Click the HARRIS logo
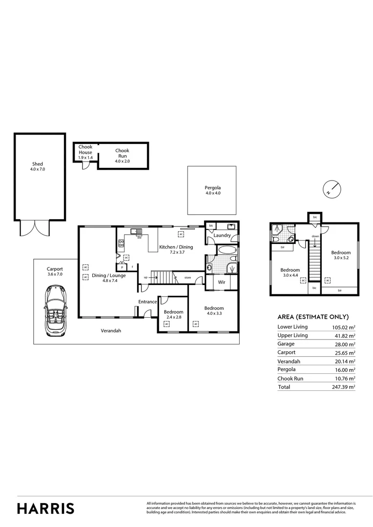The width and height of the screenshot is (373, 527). pyautogui.click(x=46, y=508)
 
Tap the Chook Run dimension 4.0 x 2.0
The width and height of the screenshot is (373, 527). pyautogui.click(x=122, y=161)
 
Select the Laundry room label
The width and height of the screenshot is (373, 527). pyautogui.click(x=223, y=235)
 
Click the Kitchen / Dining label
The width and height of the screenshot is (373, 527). pyautogui.click(x=176, y=247)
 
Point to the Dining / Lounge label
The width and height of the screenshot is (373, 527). pyautogui.click(x=109, y=275)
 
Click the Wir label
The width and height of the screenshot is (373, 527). pyautogui.click(x=221, y=282)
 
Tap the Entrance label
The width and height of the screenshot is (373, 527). pyautogui.click(x=147, y=302)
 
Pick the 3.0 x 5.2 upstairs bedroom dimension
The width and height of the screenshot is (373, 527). pyautogui.click(x=341, y=258)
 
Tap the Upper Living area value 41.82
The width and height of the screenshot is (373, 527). pyautogui.click(x=345, y=336)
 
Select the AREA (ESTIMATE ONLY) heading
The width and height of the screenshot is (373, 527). pyautogui.click(x=313, y=317)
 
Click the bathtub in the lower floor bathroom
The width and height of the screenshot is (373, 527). pyautogui.click(x=227, y=250)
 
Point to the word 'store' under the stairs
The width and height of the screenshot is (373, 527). pyautogui.click(x=187, y=278)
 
